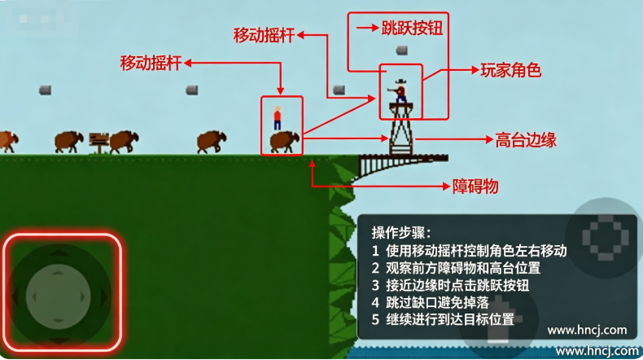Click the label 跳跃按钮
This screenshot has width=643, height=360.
tap(412, 29)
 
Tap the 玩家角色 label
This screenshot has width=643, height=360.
tap(511, 70)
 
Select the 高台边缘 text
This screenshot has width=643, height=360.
tap(526, 140)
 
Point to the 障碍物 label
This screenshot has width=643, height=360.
tap(475, 187)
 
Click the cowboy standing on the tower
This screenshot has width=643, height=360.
tap(400, 90)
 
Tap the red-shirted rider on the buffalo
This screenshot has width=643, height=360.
tap(278, 118)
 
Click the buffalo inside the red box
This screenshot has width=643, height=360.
tap(285, 142)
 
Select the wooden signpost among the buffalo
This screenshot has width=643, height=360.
tap(98, 143)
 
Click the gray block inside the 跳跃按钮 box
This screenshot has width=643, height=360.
tap(402, 50)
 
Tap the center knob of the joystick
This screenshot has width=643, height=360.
tap(59, 296)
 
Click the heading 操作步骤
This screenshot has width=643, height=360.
tap(401, 232)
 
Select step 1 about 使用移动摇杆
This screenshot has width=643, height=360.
tap(469, 250)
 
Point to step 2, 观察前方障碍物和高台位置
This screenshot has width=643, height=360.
tap(456, 268)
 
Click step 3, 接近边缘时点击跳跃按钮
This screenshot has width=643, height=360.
tap(450, 285)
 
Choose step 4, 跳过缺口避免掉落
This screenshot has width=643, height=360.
tap(431, 302)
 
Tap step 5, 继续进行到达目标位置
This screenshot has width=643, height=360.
tap(443, 319)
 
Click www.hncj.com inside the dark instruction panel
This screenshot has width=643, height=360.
tap(587, 330)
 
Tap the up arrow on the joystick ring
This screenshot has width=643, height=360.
tap(59, 252)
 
